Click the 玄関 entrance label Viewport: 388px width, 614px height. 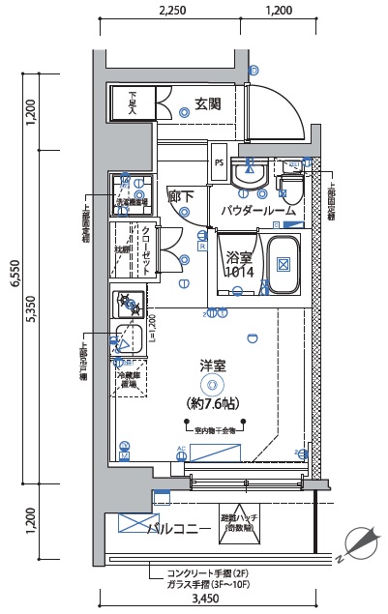point(208,103)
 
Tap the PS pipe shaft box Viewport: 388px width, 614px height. point(220,162)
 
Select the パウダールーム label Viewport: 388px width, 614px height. point(257,210)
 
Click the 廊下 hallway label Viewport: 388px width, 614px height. point(181,196)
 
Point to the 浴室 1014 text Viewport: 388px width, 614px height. point(239,265)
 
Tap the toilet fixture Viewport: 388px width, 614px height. point(291,180)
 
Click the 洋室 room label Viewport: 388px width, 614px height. point(213,365)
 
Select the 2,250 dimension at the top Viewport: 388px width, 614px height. point(171,11)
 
